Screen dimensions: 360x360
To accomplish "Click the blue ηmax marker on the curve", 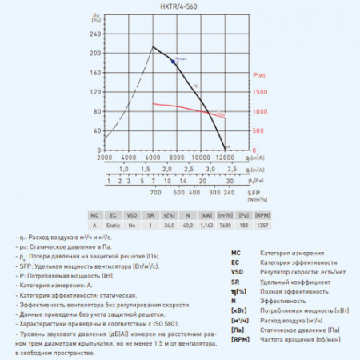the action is coord(174,61).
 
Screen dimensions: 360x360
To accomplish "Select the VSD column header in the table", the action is coord(133,216).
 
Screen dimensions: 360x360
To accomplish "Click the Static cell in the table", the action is coord(113,226).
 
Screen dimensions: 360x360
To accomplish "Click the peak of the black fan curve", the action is coord(154,47).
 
